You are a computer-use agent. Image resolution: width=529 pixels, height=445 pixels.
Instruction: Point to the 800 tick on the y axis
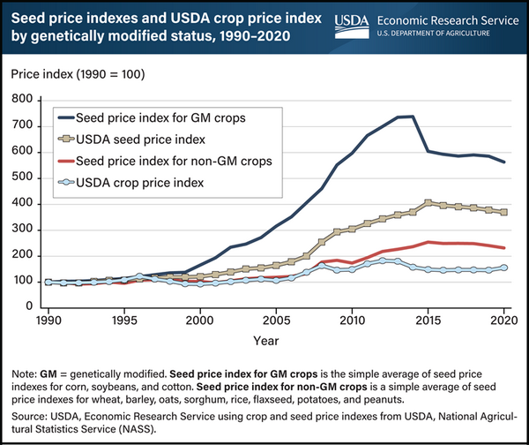click(x=31, y=101)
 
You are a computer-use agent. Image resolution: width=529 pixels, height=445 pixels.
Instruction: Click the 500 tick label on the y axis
click(x=31, y=178)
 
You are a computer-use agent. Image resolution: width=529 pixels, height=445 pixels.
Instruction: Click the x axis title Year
click(x=276, y=339)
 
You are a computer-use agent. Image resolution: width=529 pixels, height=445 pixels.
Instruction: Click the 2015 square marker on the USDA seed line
click(x=428, y=203)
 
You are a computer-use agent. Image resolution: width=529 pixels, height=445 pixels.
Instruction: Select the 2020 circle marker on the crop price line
click(x=503, y=268)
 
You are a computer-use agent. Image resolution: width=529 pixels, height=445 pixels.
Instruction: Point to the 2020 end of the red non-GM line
click(x=503, y=248)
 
